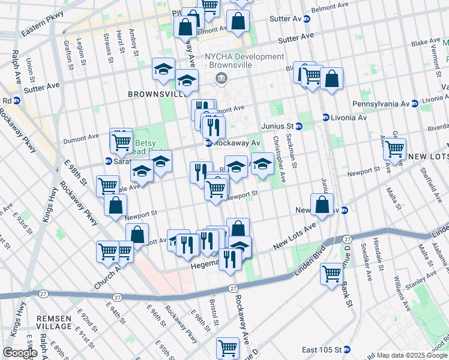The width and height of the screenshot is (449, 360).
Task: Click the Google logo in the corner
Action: click(x=20, y=353)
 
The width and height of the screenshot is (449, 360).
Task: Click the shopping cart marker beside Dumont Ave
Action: click(x=121, y=142)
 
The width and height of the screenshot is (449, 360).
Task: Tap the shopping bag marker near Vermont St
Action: click(x=331, y=78)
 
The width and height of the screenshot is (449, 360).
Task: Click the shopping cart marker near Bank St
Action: click(x=331, y=274)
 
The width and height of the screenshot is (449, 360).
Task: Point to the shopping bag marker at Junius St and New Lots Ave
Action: click(x=322, y=204)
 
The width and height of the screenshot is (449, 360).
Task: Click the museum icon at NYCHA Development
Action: click(x=221, y=78)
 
